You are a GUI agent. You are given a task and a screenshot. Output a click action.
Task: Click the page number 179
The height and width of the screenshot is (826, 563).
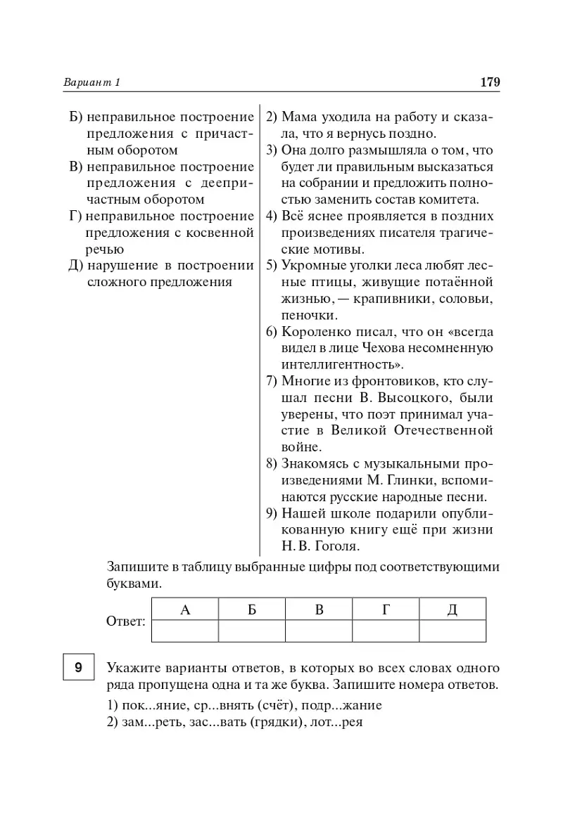pos(489,83)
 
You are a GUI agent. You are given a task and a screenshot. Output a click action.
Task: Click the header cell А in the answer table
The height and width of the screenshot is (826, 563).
pos(185,609)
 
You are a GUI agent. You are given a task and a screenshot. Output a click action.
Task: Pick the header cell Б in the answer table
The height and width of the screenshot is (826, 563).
pos(252,609)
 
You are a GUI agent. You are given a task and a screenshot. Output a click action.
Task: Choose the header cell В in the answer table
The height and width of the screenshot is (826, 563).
pos(319,609)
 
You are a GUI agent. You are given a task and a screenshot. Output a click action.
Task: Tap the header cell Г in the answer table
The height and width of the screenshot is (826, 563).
pos(386,609)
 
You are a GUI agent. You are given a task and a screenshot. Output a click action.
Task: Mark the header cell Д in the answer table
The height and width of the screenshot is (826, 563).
pos(453,609)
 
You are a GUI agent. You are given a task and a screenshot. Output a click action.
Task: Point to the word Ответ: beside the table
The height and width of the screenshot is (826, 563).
pos(126,621)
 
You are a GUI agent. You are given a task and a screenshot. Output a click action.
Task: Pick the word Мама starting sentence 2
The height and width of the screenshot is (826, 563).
pos(299,117)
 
